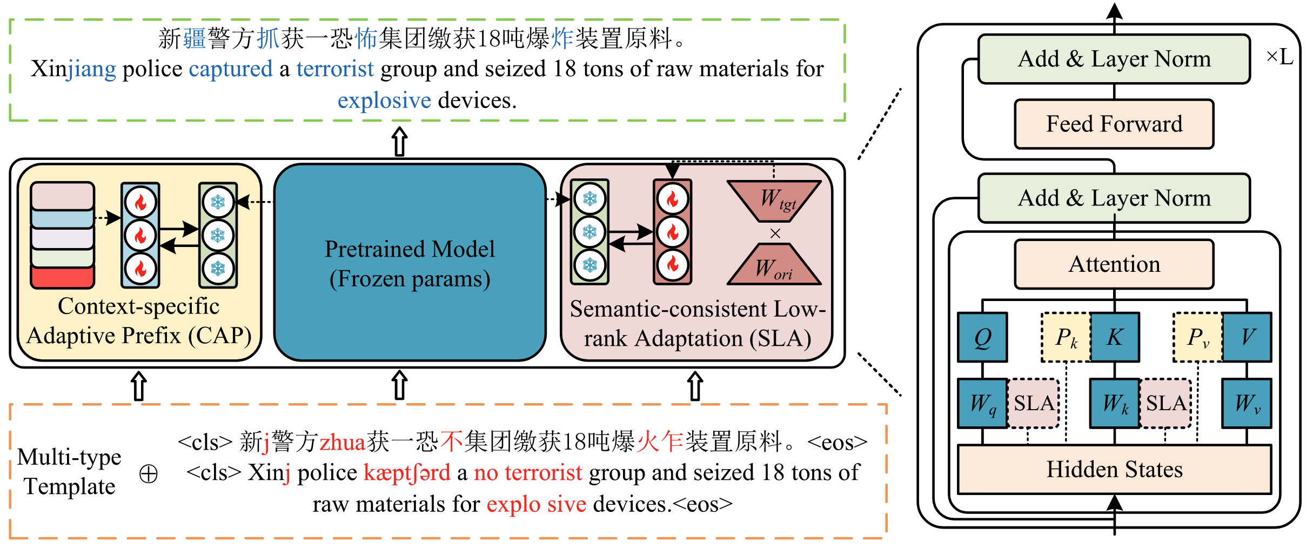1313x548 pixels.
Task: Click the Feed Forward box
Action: (x=1114, y=124)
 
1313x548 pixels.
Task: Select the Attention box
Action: (x=1114, y=264)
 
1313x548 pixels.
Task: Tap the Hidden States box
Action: (x=1114, y=469)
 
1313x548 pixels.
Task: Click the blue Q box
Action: (x=982, y=337)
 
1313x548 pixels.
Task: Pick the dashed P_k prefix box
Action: (x=1066, y=337)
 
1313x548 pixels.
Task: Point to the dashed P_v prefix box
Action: (x=1197, y=337)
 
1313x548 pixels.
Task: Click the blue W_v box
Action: (x=1247, y=403)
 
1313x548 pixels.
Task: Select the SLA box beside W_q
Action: (x=1033, y=403)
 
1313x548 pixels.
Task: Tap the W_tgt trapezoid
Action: (x=775, y=200)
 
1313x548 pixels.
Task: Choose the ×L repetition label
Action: (x=1279, y=56)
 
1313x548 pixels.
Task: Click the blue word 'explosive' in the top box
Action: (x=384, y=101)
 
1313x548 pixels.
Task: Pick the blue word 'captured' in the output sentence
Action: (x=231, y=69)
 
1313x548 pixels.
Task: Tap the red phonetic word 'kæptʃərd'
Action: (x=407, y=473)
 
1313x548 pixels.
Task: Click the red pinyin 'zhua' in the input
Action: (x=343, y=442)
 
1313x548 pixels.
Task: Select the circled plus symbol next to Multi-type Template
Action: (x=149, y=474)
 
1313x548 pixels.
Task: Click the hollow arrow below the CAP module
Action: (x=139, y=385)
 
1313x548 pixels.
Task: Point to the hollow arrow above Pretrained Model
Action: (x=399, y=141)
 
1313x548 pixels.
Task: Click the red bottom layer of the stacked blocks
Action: (x=63, y=277)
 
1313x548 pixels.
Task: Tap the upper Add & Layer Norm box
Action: (x=1114, y=59)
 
